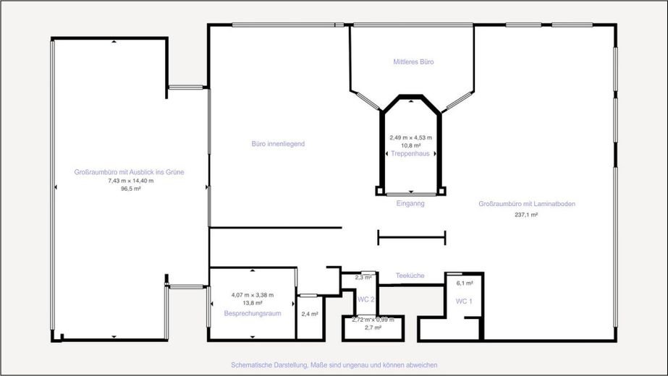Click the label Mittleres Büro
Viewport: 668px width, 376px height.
pos(413,62)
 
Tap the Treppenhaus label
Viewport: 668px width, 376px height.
pos(410,153)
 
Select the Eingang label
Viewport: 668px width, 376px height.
pos(410,204)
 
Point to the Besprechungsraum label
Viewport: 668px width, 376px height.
pos(252,313)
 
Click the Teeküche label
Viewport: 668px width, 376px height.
pos(410,275)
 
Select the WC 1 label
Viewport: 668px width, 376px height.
pos(464,300)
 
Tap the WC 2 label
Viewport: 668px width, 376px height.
pos(365,299)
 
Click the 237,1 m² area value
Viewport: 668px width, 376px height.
pos(526,215)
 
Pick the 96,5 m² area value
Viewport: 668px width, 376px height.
pos(130,189)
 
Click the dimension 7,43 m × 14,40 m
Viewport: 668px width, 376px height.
pos(130,180)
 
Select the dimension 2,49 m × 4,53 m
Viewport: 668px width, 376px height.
pos(410,137)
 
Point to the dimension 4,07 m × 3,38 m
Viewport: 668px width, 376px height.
pos(252,295)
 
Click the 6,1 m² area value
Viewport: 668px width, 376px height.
pos(464,283)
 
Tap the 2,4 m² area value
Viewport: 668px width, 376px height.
pos(310,314)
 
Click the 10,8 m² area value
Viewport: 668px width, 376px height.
pos(410,145)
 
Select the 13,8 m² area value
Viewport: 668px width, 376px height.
pos(252,304)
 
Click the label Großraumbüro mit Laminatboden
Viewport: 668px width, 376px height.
pos(527,204)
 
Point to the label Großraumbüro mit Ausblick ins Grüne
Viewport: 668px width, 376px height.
pos(130,171)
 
